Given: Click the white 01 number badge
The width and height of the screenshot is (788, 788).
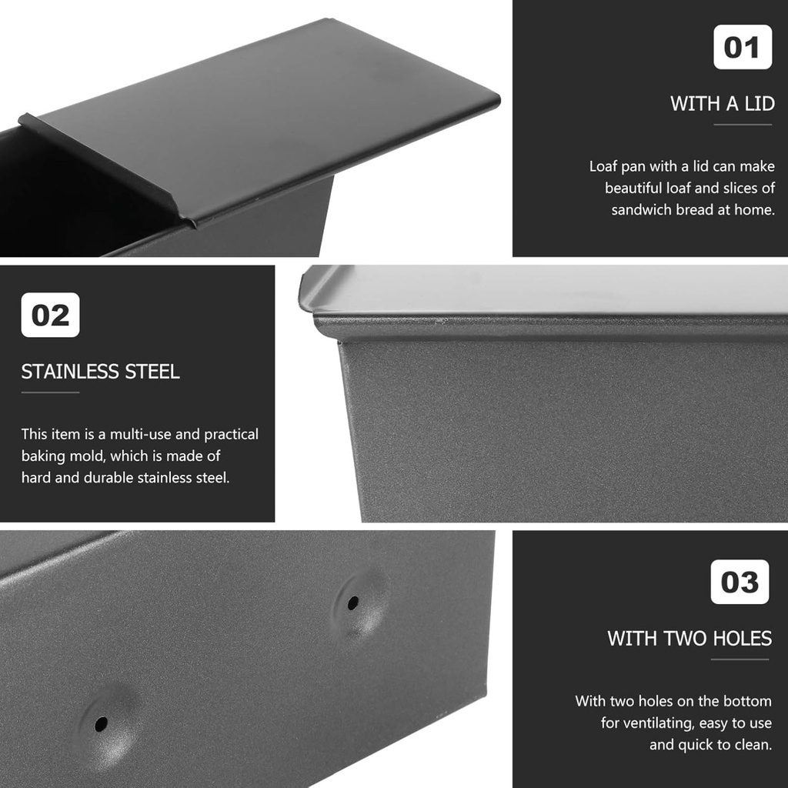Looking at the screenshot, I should [742, 47].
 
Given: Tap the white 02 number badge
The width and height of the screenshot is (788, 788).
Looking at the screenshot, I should [50, 316].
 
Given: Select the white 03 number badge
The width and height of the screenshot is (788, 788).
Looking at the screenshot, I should [740, 582].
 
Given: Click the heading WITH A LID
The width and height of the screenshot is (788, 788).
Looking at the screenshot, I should [722, 103].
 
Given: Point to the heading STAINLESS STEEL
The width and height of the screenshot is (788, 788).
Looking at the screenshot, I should [100, 372].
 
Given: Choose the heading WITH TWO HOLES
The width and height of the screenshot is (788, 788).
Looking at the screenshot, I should [689, 638].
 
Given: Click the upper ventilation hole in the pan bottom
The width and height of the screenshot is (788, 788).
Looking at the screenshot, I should [352, 603].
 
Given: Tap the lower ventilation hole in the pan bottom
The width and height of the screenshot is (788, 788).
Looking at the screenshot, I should [101, 724].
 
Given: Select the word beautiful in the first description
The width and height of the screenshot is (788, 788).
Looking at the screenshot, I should [639, 188].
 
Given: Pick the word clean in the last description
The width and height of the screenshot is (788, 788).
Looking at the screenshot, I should [756, 744].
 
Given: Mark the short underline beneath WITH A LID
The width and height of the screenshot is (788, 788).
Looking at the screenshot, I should [742, 124].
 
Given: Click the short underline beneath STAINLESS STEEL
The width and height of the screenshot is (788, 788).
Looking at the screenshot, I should [50, 392].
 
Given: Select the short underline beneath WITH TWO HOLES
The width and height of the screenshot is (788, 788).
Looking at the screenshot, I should [740, 659].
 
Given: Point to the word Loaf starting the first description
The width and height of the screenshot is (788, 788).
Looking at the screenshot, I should [605, 166].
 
